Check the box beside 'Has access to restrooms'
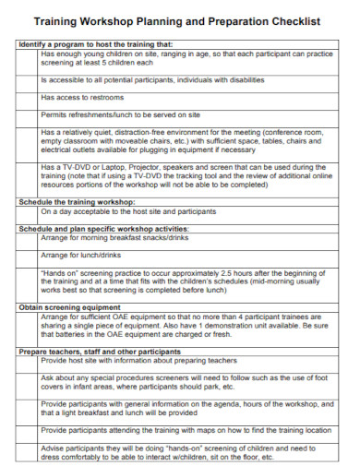coord(27,97)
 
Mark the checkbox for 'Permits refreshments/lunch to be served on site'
coord(27,114)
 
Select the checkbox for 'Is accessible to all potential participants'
coord(27,79)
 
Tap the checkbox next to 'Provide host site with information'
coord(27,362)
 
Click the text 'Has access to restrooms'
coord(79,97)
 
